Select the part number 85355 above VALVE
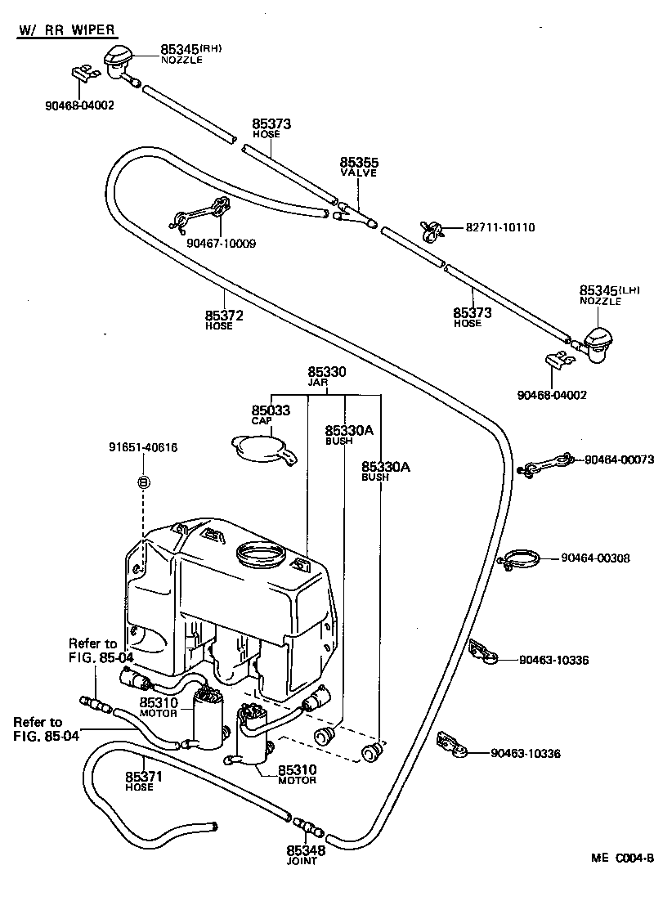coord(359,163)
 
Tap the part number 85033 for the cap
coord(271,410)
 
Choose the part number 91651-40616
coord(143,447)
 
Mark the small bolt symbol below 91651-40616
coord(144,482)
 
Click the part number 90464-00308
coord(595,558)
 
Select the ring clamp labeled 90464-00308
coord(520,561)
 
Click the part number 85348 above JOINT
coord(306,851)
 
